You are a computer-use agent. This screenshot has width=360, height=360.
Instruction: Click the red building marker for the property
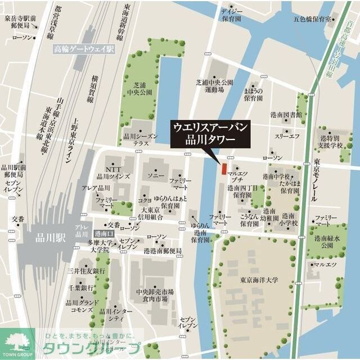click(223, 168)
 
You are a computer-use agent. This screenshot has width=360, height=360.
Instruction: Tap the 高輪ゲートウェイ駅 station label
click(84, 49)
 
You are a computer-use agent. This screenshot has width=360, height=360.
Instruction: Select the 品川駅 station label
click(49, 237)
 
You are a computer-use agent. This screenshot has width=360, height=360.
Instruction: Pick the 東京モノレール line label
click(317, 179)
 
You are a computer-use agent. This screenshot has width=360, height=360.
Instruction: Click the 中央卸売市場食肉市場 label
click(155, 296)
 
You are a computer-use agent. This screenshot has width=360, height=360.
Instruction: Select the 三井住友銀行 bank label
click(87, 271)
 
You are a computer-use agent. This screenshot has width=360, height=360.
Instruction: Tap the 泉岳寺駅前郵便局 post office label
click(20, 22)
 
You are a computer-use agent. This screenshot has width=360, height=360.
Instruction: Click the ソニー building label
click(155, 177)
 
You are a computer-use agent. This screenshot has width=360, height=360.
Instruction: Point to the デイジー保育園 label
click(231, 14)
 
